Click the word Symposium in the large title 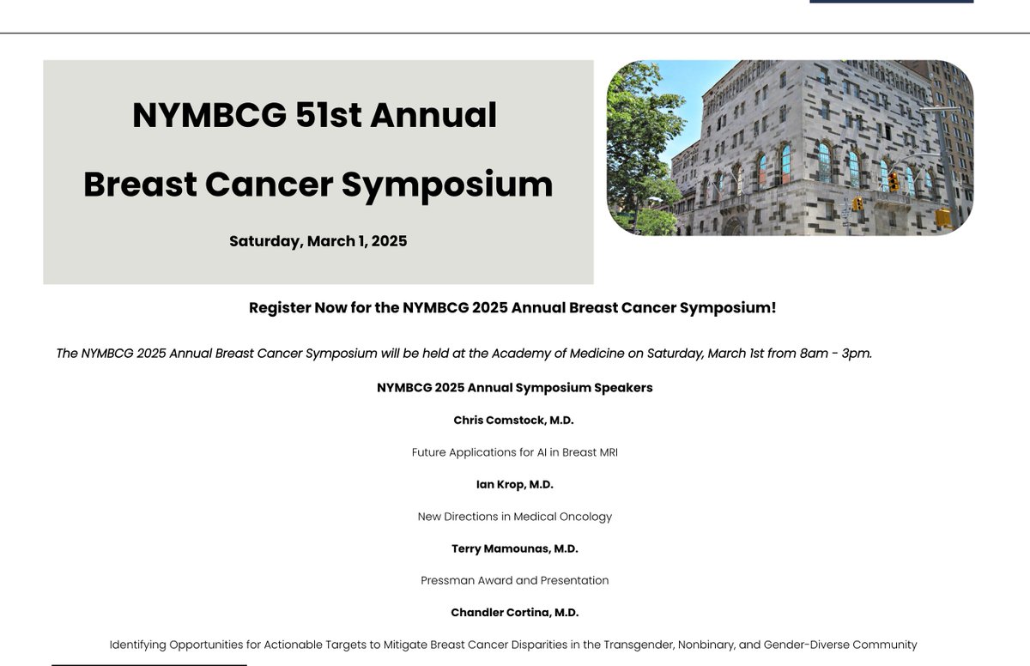click(x=447, y=185)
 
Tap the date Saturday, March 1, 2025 click(x=318, y=241)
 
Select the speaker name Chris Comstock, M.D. click(x=513, y=420)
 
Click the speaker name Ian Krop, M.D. click(x=514, y=484)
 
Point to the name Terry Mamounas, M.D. click(x=514, y=548)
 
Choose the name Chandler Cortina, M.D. click(x=514, y=613)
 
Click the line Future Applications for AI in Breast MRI click(x=514, y=452)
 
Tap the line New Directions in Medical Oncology click(x=514, y=517)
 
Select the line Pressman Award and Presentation click(x=514, y=581)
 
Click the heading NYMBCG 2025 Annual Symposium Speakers click(x=514, y=388)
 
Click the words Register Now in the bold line click(x=297, y=307)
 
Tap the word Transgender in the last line click(x=638, y=645)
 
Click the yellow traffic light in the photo click(x=894, y=181)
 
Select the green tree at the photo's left click(x=639, y=146)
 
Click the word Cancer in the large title click(x=269, y=185)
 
